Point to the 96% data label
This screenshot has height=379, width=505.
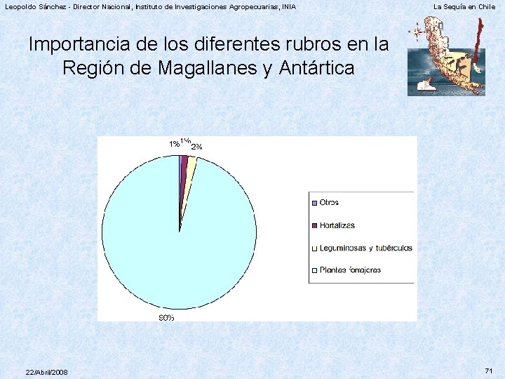click(x=166, y=318)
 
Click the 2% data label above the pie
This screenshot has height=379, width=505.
click(x=197, y=147)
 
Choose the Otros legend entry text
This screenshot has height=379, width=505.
click(x=329, y=202)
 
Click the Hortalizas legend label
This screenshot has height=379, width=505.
click(x=337, y=225)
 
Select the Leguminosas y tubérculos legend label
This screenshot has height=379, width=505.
click(x=366, y=248)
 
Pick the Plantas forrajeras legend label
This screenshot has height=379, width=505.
click(x=350, y=270)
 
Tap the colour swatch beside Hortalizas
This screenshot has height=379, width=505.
click(x=314, y=225)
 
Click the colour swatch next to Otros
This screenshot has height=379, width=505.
click(x=314, y=203)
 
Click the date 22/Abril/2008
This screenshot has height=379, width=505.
click(x=46, y=371)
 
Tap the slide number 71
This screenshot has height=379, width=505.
click(x=489, y=370)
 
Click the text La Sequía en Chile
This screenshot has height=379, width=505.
click(x=464, y=7)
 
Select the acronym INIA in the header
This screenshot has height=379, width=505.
click(x=288, y=7)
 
